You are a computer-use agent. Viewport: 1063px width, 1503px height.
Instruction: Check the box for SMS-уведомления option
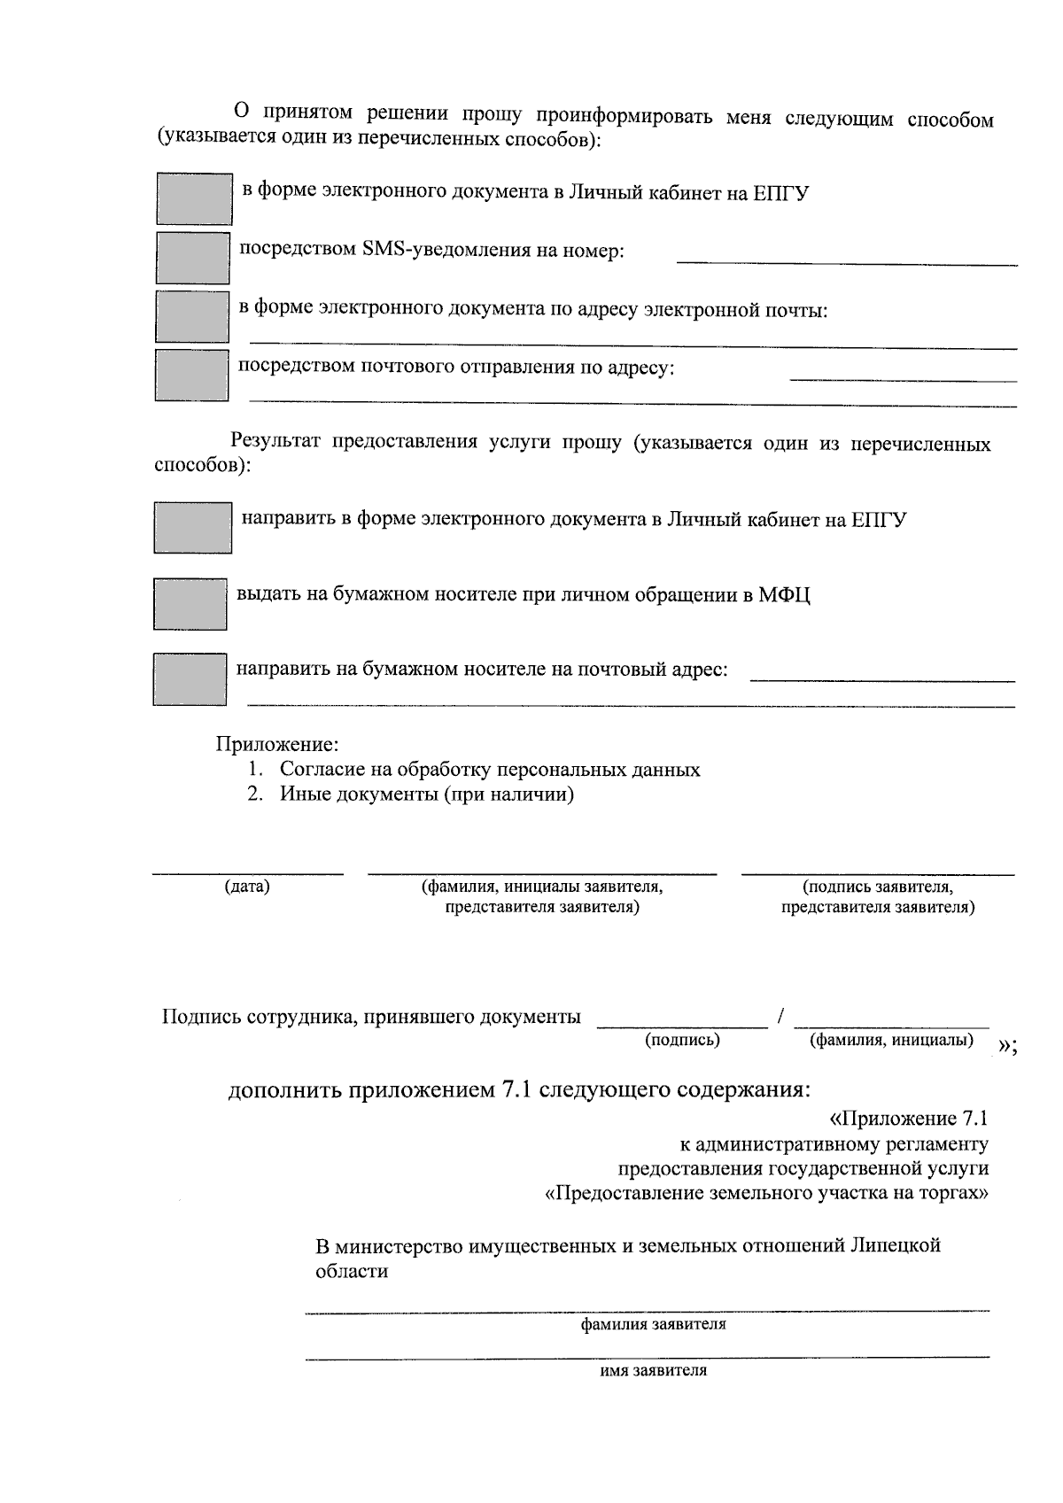click(192, 257)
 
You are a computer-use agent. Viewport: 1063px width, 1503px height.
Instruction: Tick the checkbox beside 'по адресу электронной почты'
click(192, 316)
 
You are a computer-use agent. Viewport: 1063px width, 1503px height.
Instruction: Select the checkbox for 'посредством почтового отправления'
click(192, 375)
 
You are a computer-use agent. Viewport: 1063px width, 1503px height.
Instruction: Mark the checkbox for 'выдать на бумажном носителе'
click(190, 603)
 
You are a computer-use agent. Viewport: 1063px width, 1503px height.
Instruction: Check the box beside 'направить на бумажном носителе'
click(190, 678)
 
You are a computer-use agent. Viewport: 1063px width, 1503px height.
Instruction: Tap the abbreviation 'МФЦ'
click(784, 594)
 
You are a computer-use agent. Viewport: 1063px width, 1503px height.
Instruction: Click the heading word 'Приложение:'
click(278, 744)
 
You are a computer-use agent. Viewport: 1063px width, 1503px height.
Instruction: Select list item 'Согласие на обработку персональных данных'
click(490, 769)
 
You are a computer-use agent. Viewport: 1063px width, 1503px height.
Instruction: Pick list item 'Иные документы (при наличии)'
click(427, 794)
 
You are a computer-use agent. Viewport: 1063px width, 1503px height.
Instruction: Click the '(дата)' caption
click(247, 887)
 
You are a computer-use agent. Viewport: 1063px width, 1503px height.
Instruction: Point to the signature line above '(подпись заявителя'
click(877, 872)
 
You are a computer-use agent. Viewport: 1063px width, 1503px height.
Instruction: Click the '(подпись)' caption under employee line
click(682, 1040)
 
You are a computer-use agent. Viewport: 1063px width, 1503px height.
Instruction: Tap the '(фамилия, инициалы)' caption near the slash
click(891, 1040)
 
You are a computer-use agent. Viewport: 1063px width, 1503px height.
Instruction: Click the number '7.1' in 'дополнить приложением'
click(516, 1089)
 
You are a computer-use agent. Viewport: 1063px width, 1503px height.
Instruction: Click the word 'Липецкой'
click(895, 1245)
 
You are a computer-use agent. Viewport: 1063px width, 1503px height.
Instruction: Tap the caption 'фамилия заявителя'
click(653, 1325)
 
